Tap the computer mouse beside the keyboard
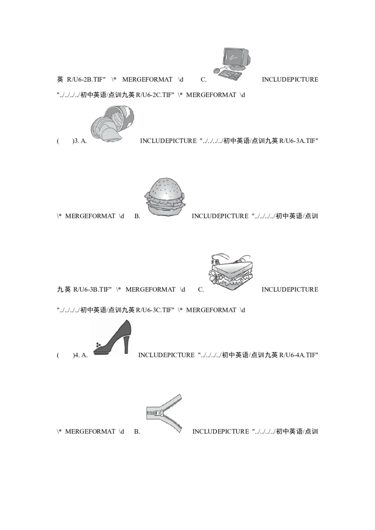(216, 71)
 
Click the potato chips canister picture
(112, 124)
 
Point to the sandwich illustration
(230, 272)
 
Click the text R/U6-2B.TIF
(86, 80)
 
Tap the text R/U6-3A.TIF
(299, 141)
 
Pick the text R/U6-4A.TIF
(299, 355)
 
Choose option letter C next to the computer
(203, 80)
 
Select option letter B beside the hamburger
(137, 216)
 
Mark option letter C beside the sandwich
(201, 290)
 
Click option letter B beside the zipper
(137, 432)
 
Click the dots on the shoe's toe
(98, 344)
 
